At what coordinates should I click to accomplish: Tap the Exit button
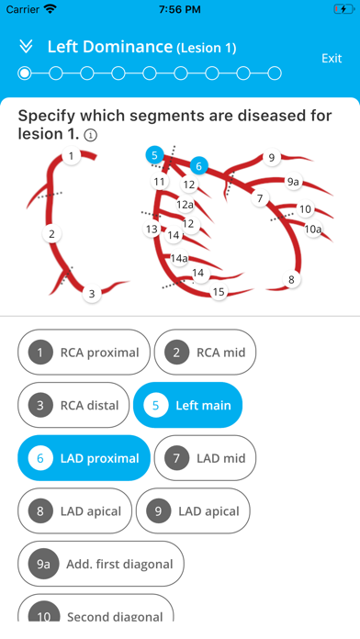[332, 58]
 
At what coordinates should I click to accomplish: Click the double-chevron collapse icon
[26, 47]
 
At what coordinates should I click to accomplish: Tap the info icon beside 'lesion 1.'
[91, 135]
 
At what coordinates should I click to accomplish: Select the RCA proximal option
[84, 353]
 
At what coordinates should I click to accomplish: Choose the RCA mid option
[205, 353]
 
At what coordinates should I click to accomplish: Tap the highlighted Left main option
[188, 405]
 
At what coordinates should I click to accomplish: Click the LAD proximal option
[84, 458]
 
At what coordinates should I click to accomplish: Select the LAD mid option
[205, 458]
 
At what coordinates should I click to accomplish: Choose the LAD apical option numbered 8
[74, 511]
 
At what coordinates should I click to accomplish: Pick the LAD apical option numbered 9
[193, 511]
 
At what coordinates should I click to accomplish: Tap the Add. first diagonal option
[101, 564]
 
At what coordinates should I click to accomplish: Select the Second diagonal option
[96, 610]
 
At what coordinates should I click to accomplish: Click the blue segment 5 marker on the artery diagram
[154, 155]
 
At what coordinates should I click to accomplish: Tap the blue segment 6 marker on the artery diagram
[199, 166]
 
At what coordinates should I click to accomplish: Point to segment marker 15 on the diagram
[219, 292]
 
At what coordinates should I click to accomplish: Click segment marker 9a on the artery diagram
[293, 182]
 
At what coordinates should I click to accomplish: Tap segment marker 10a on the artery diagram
[313, 230]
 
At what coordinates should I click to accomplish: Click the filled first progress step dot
[25, 73]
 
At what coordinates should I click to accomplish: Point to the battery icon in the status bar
[344, 9]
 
